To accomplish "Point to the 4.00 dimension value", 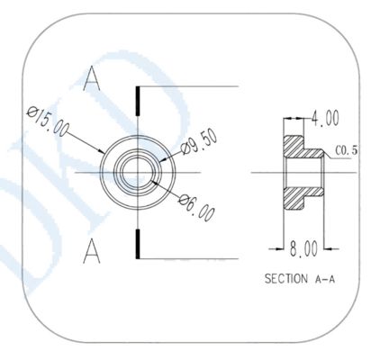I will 324,118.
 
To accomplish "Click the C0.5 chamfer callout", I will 348,150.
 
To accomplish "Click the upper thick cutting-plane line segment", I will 137,100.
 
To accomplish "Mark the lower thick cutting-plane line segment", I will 137,241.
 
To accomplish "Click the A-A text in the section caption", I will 326,279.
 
